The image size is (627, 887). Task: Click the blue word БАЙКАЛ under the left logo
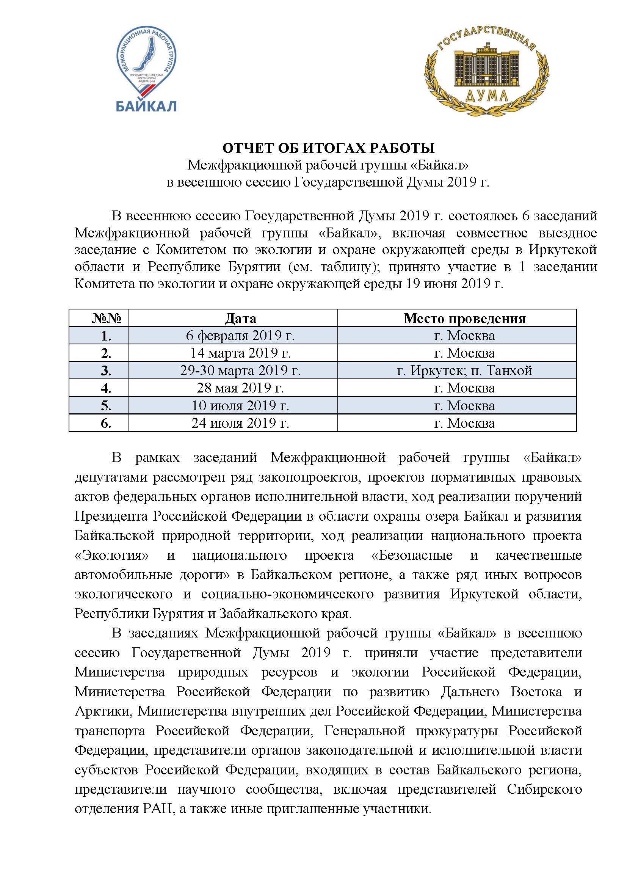(x=146, y=105)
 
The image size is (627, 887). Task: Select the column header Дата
(x=240, y=318)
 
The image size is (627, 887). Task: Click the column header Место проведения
(x=464, y=318)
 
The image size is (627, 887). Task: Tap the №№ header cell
(x=106, y=318)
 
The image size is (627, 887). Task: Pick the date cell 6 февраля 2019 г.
(x=240, y=336)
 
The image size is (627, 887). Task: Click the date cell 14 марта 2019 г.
(x=240, y=353)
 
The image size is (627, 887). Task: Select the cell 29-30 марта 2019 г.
(x=240, y=371)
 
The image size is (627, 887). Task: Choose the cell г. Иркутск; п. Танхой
(x=464, y=371)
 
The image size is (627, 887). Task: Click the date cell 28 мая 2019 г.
(x=240, y=388)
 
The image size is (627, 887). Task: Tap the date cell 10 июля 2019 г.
(x=240, y=406)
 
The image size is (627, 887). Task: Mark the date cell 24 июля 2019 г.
(x=240, y=424)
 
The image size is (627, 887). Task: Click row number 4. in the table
(x=106, y=388)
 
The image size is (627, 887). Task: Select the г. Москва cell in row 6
(x=464, y=424)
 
